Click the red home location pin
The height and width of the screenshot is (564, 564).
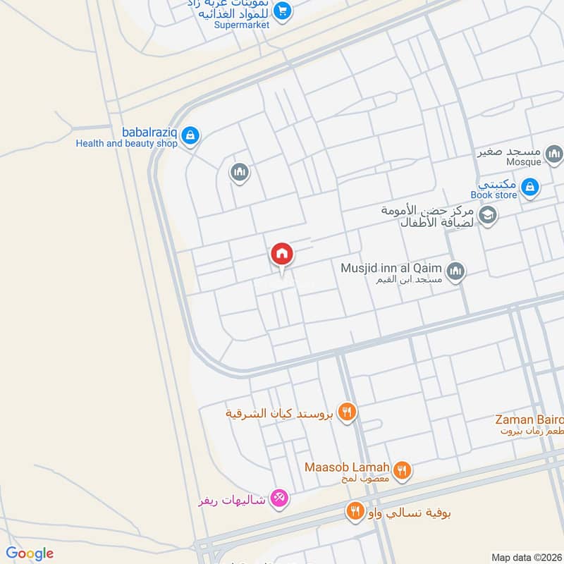pyautogui.click(x=282, y=254)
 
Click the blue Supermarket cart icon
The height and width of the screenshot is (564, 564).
pyautogui.click(x=283, y=11)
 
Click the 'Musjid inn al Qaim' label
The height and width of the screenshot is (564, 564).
pyautogui.click(x=391, y=268)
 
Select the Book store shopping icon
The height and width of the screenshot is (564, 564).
pyautogui.click(x=531, y=187)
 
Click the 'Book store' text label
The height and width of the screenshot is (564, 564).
pyautogui.click(x=493, y=195)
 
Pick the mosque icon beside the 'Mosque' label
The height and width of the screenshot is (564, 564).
pyautogui.click(x=555, y=153)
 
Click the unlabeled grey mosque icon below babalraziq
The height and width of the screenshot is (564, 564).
pyautogui.click(x=240, y=172)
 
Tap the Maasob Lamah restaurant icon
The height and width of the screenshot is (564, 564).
pyautogui.click(x=403, y=470)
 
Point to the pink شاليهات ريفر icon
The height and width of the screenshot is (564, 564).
pyautogui.click(x=279, y=499)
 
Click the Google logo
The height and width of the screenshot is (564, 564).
pyautogui.click(x=30, y=553)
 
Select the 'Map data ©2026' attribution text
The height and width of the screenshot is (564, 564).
pyautogui.click(x=526, y=558)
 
